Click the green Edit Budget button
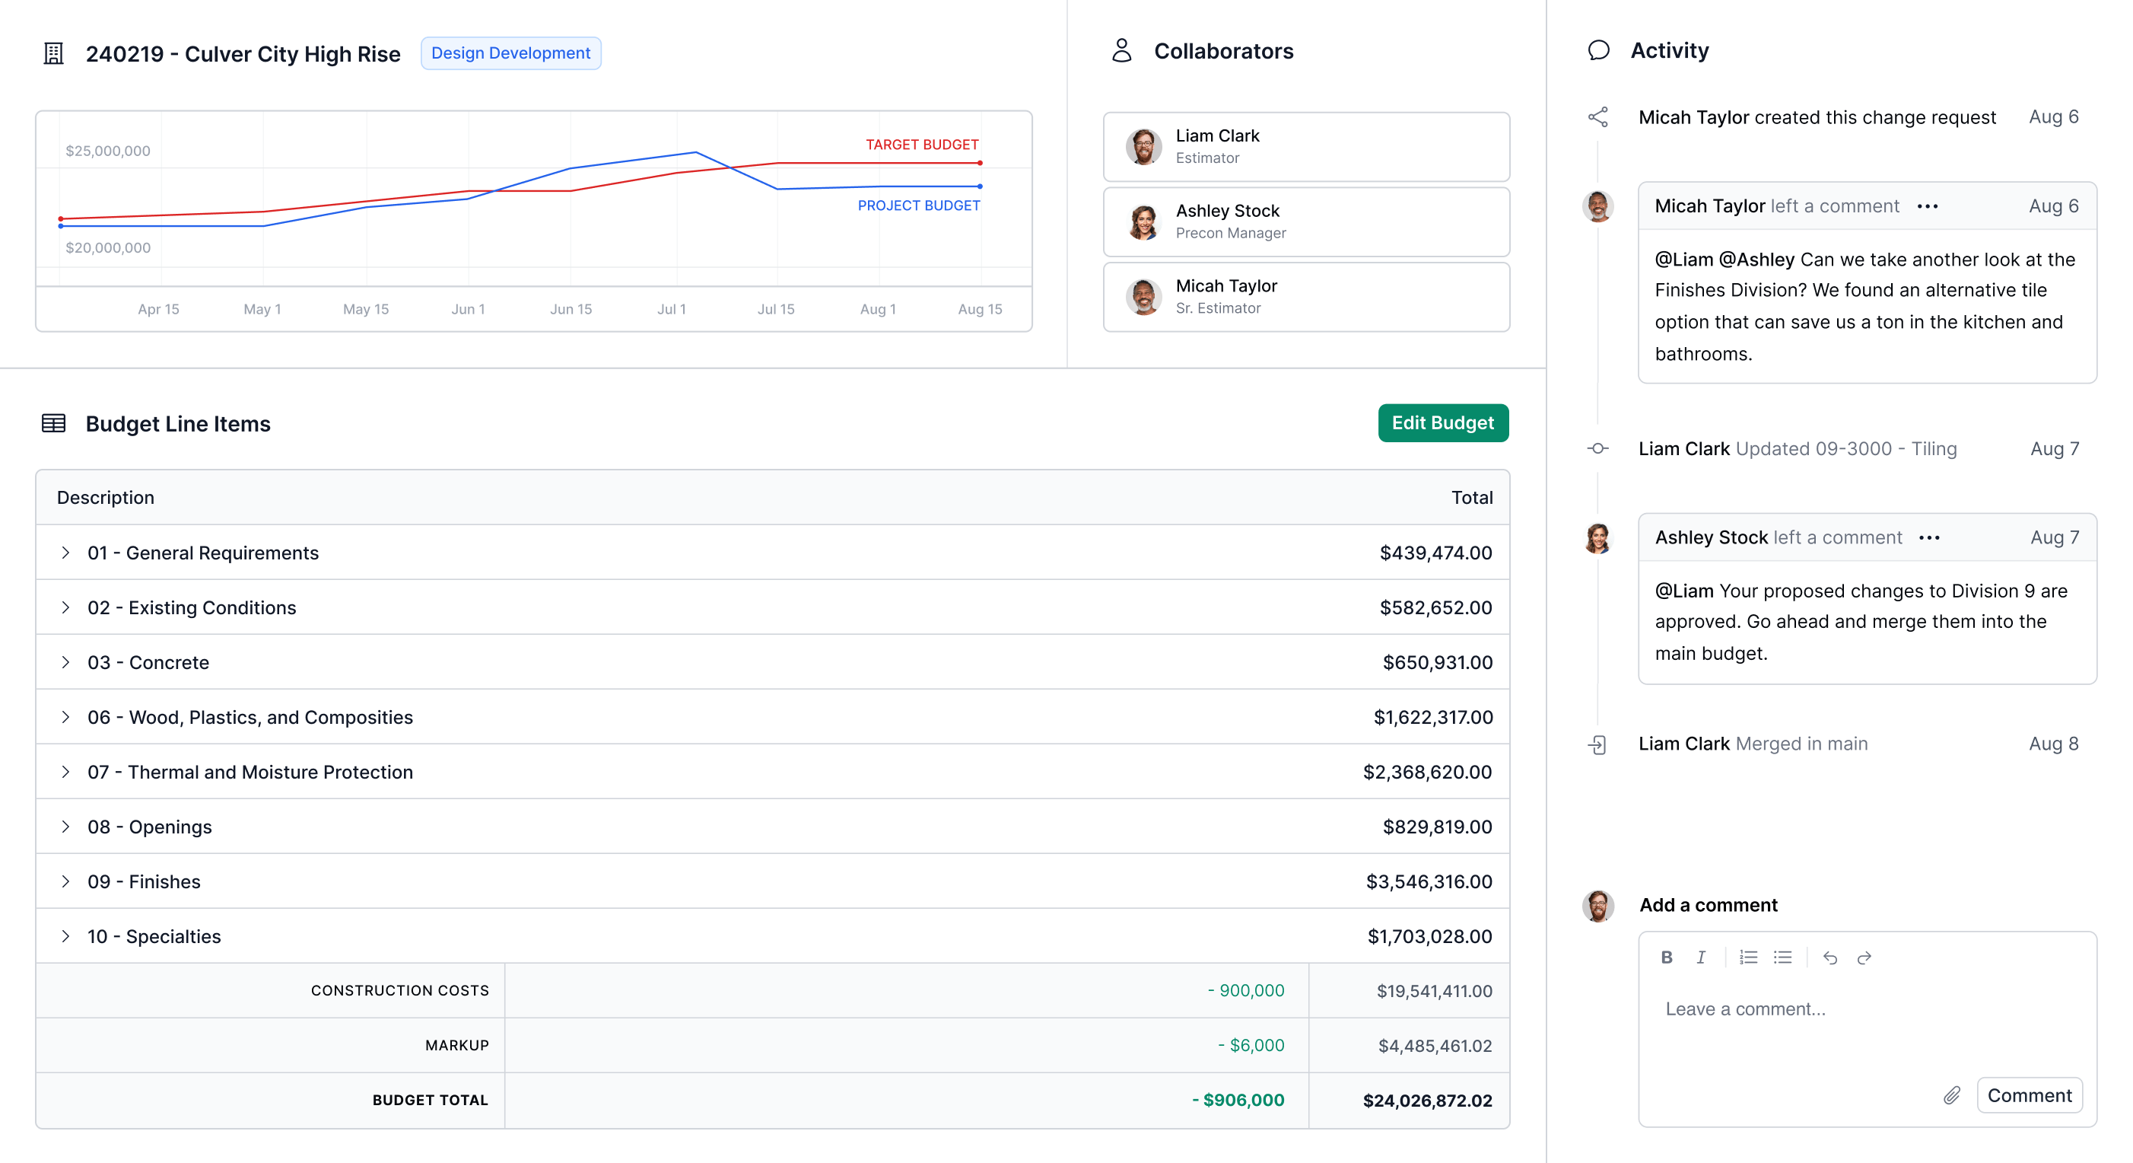(x=1442, y=423)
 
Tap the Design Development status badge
(x=510, y=53)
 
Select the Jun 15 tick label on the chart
(x=571, y=309)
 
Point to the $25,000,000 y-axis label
(x=108, y=151)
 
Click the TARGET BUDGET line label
(x=922, y=144)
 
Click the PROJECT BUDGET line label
(x=918, y=206)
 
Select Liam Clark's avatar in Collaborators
(x=1143, y=147)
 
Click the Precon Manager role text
(x=1231, y=234)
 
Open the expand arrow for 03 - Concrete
(x=65, y=662)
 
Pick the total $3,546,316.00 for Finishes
(x=1429, y=881)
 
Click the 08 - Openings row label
(x=150, y=827)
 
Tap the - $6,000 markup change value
(x=1251, y=1045)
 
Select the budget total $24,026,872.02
(x=1427, y=1100)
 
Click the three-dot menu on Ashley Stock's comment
(x=1928, y=537)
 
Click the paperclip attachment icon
(x=1952, y=1096)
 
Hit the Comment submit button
(x=2029, y=1096)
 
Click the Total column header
(x=1471, y=498)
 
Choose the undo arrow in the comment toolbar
(x=1830, y=957)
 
